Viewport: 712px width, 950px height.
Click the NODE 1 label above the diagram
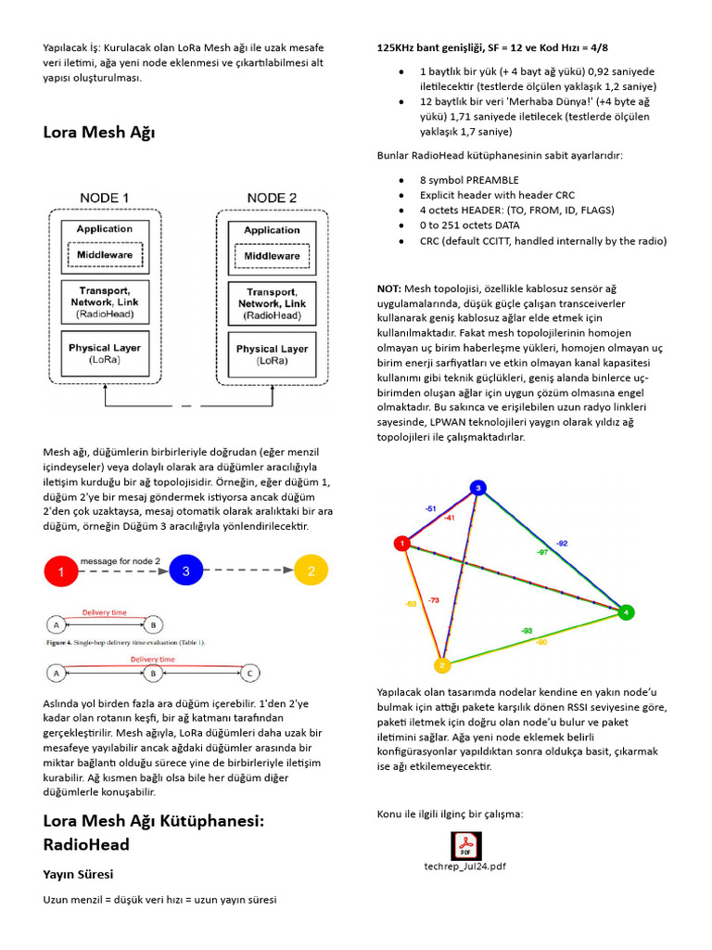click(104, 198)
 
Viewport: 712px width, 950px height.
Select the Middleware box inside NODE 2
click(272, 255)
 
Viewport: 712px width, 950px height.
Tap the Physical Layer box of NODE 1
click(104, 353)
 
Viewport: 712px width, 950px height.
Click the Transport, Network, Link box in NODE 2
click(272, 302)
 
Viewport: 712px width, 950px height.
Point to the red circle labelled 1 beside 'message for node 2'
click(61, 572)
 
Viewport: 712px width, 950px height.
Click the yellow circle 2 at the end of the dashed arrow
click(311, 571)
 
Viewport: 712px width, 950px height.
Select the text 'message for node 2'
click(120, 561)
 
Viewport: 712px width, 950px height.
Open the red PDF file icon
click(465, 845)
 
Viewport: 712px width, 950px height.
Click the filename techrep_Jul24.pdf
click(465, 867)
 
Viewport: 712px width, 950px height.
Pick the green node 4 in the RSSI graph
click(627, 612)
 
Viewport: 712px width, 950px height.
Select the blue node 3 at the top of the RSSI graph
click(477, 487)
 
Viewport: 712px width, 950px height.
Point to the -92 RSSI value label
click(562, 542)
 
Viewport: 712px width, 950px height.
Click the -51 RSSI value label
click(429, 509)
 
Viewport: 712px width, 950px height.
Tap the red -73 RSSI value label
click(434, 601)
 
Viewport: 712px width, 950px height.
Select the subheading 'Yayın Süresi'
click(78, 874)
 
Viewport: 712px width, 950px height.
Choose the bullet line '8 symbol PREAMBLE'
click(469, 180)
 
